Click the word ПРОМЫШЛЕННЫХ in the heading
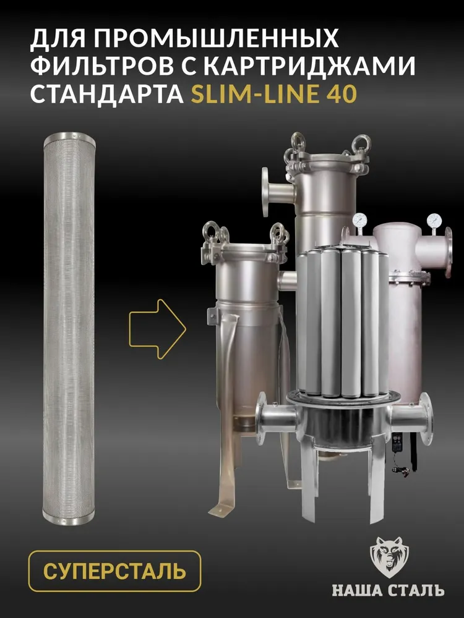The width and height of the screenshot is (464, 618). pyautogui.click(x=217, y=38)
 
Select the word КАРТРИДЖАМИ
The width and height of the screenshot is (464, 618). pyautogui.click(x=311, y=66)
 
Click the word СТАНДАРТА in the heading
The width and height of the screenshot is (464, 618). pyautogui.click(x=107, y=94)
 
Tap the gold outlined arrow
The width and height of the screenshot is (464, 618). pyautogui.click(x=157, y=329)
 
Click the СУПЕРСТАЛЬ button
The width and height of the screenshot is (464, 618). pyautogui.click(x=115, y=571)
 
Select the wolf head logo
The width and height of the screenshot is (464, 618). pyautogui.click(x=389, y=557)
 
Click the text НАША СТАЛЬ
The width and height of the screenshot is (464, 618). pyautogui.click(x=389, y=590)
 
